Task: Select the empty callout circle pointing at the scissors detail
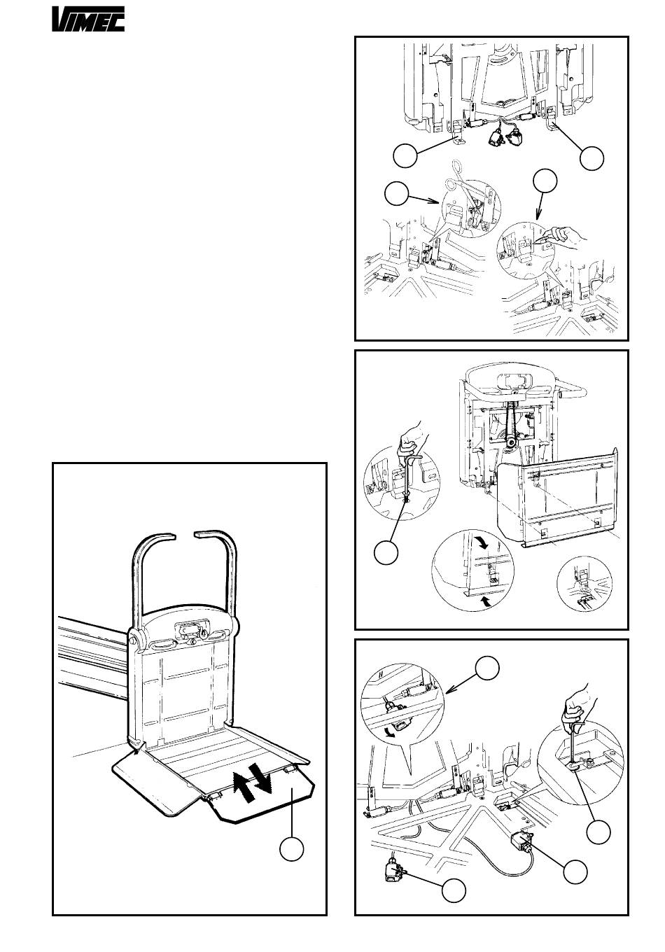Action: [398, 194]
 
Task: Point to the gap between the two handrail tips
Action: [184, 535]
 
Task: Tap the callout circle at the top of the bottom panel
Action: [488, 668]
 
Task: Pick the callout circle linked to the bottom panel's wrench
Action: [598, 833]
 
